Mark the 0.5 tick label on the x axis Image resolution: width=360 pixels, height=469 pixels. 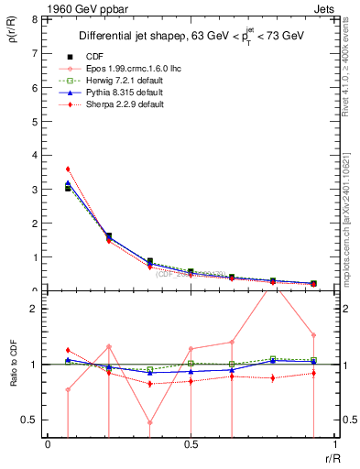click(191, 444)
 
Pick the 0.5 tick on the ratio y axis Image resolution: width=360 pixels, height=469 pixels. click(30, 420)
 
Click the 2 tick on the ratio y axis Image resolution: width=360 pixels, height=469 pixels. click(34, 309)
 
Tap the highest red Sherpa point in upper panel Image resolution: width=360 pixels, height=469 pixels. click(68, 169)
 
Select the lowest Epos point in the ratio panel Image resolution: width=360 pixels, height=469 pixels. click(149, 423)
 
